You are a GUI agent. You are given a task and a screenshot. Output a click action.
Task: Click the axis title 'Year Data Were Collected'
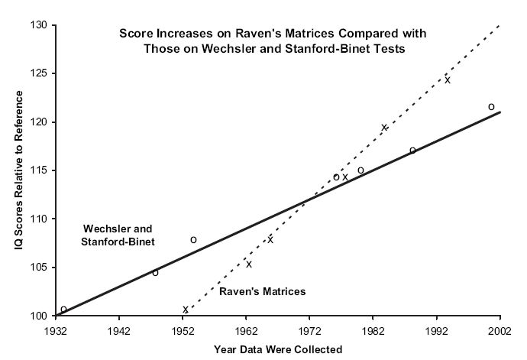click(278, 349)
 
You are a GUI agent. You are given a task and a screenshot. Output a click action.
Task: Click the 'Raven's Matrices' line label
click(262, 291)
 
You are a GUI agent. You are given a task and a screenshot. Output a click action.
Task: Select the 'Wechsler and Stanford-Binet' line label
click(118, 235)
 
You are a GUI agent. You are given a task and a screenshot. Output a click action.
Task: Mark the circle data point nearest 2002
click(491, 107)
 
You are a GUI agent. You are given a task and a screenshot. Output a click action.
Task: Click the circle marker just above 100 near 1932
click(63, 310)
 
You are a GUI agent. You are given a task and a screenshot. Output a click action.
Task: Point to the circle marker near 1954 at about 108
click(193, 240)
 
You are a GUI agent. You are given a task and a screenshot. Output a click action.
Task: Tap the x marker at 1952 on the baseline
click(185, 310)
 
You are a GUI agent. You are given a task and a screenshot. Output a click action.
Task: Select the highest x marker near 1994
click(448, 80)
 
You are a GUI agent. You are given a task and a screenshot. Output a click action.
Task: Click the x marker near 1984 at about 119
click(384, 128)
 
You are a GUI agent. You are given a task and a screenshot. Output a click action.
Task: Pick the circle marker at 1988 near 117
click(412, 151)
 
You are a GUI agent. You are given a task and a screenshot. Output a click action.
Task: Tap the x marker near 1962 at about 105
click(248, 264)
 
